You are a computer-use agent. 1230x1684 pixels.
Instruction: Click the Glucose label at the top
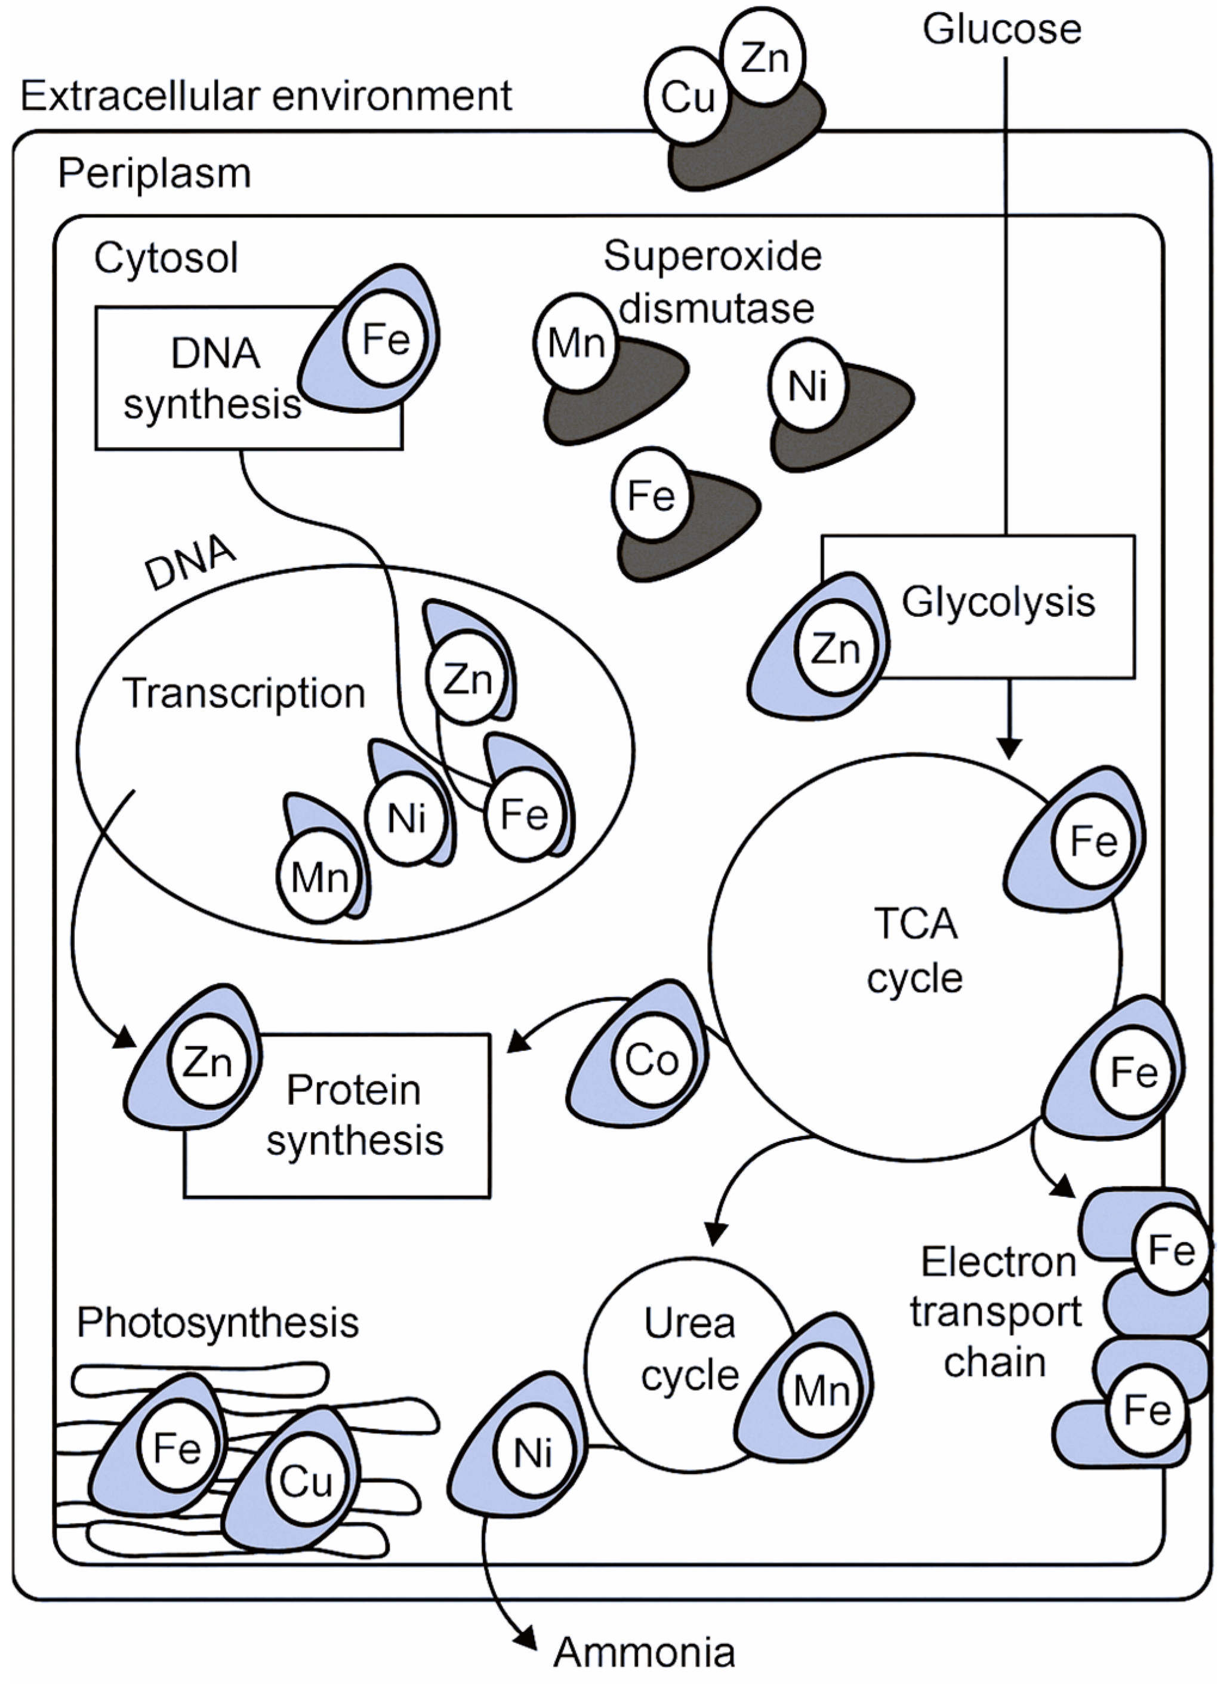coord(1001,30)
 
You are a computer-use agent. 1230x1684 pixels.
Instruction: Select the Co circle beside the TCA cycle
coord(652,1060)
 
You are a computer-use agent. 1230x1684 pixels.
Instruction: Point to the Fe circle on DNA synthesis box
coord(386,340)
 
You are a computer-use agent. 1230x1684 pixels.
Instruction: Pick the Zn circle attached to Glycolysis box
coord(836,649)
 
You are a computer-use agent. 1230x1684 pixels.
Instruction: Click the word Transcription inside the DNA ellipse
coord(243,693)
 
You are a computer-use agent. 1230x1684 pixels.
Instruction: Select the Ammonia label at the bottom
coord(644,1652)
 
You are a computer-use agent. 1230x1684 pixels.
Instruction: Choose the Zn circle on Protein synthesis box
coord(207,1062)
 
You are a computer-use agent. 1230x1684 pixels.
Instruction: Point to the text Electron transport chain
coord(995,1311)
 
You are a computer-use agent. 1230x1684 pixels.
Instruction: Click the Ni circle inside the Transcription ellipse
coord(406,819)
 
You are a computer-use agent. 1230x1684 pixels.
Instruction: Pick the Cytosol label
coord(165,259)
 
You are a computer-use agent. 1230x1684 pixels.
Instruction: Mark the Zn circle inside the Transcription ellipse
coord(467,678)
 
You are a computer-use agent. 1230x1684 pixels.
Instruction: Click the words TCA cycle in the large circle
coord(915,951)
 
